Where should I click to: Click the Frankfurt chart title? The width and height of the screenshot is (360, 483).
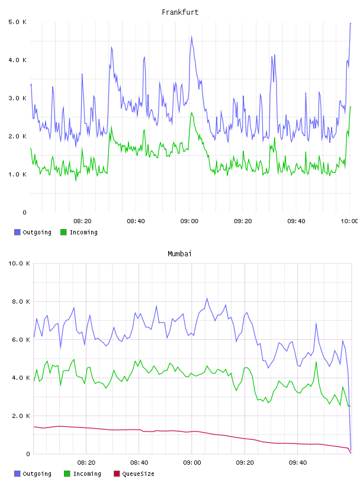(180, 12)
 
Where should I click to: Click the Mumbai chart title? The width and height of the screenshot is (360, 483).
(179, 254)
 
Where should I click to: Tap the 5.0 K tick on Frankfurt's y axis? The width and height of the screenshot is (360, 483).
(17, 22)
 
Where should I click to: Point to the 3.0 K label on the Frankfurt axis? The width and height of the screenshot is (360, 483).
(17, 98)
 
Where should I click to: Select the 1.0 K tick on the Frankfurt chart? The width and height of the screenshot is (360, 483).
(17, 175)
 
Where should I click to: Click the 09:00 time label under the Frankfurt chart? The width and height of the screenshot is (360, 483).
(189, 221)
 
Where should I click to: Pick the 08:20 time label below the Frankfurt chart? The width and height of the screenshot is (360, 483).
(82, 221)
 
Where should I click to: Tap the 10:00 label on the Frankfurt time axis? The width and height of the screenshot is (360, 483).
(349, 221)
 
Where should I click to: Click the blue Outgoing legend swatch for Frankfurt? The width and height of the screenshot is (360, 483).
(17, 232)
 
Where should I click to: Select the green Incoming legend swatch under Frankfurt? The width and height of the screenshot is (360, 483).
(63, 232)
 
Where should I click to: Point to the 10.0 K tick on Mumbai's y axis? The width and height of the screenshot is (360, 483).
(19, 263)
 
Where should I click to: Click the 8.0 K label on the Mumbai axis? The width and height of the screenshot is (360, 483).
(21, 301)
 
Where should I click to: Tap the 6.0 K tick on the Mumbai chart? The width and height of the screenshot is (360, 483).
(21, 340)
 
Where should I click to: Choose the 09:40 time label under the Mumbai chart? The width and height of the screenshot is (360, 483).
(298, 463)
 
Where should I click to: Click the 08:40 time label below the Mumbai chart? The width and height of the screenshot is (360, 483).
(139, 463)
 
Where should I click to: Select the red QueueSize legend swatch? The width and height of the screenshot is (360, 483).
(117, 474)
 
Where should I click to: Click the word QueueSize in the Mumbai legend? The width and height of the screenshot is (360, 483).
(139, 474)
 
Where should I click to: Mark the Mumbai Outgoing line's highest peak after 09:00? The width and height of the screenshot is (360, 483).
(207, 298)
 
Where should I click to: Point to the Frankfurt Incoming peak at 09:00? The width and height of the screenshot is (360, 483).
(192, 112)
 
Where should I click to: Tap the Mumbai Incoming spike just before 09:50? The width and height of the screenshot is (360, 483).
(316, 361)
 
